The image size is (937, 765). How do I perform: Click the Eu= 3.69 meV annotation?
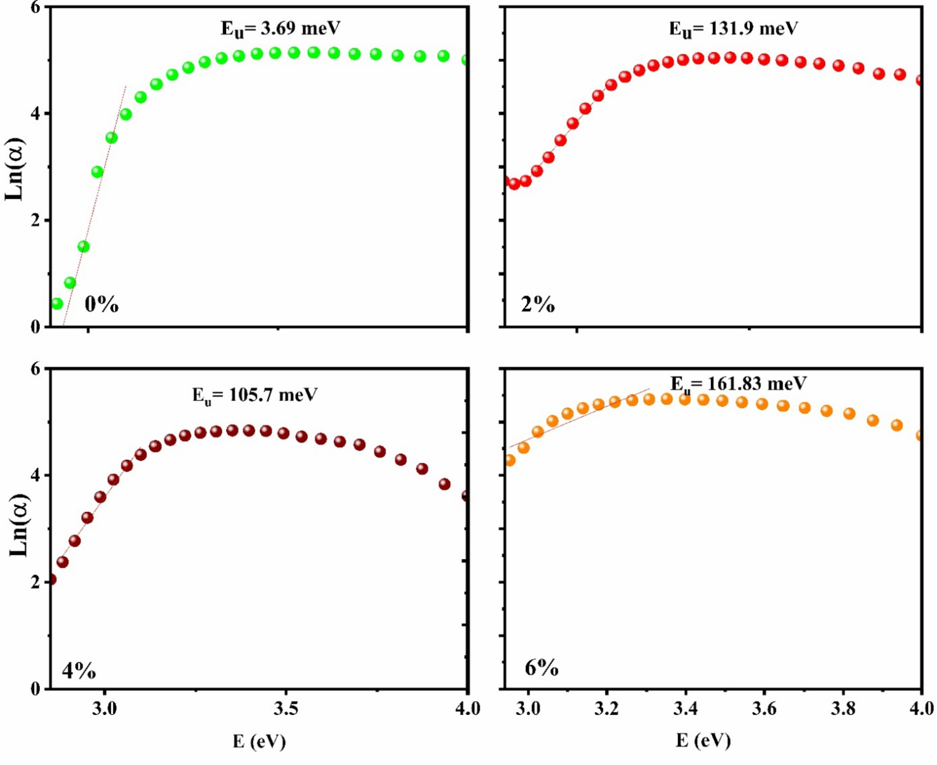280,28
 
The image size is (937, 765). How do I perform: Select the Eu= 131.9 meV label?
733,29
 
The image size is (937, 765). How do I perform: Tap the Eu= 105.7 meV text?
254,395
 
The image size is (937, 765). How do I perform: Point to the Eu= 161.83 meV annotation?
738,384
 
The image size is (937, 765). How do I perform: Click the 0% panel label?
101,305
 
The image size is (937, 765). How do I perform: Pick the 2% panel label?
538,305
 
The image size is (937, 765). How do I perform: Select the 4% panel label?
79,671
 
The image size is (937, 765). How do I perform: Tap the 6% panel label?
542,668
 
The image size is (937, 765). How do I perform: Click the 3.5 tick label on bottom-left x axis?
286,709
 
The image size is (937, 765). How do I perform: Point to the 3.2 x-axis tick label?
607,709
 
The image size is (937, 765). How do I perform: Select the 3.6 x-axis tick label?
764,709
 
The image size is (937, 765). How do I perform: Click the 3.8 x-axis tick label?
843,709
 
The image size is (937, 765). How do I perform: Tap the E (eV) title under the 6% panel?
703,740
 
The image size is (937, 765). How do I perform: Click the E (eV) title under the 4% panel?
259,741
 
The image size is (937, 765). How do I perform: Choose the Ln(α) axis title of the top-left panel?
14,169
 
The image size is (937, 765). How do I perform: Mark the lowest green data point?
57,304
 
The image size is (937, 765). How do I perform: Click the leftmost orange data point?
509,460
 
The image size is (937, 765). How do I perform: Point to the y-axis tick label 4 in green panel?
35,113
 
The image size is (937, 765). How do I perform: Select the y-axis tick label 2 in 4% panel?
35,582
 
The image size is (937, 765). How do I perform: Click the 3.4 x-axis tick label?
685,709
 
